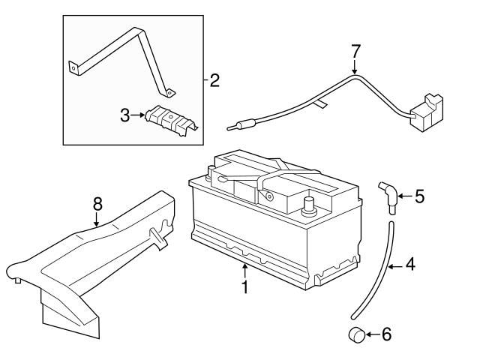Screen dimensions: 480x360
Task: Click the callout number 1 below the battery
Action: coord(244,286)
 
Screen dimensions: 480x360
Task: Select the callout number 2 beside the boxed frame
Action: coord(214,80)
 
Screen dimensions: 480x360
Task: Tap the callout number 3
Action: coord(125,115)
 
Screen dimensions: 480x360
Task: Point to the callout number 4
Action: coord(410,265)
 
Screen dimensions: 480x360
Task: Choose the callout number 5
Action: coord(420,196)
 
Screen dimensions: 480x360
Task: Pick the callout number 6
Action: coord(387,334)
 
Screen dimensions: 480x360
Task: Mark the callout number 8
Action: coord(97,204)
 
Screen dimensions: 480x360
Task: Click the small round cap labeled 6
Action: coord(357,334)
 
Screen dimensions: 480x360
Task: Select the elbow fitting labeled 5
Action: coord(389,196)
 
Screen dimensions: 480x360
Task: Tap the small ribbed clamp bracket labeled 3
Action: coord(171,120)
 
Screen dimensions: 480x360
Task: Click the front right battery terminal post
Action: coord(309,207)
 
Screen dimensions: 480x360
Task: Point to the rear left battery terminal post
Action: coord(211,173)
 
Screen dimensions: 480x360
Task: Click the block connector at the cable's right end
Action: coord(427,112)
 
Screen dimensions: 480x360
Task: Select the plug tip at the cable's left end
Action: coord(240,125)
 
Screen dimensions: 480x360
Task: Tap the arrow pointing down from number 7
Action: coord(355,67)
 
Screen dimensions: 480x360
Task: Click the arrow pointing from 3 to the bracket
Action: coord(138,115)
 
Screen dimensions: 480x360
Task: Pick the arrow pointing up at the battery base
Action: coord(244,271)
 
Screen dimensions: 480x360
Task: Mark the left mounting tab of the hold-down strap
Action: coord(73,67)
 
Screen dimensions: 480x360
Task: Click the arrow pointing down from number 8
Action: coord(97,220)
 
